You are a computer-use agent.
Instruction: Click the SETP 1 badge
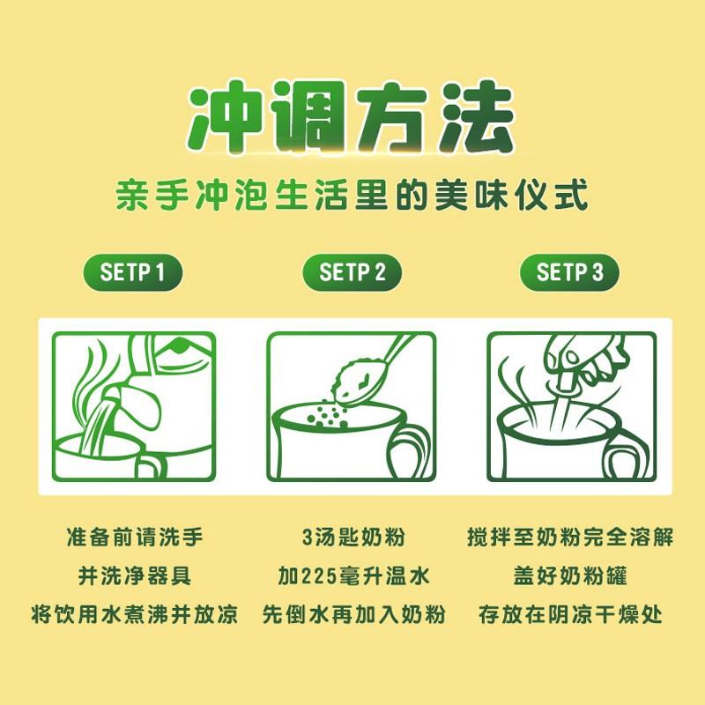click(133, 272)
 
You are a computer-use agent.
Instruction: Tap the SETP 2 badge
click(352, 272)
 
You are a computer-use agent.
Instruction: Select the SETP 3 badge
click(569, 272)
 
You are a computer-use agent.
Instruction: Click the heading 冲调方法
click(350, 117)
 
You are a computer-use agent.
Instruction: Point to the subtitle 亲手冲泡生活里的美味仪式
click(352, 194)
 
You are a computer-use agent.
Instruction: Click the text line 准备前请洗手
click(135, 537)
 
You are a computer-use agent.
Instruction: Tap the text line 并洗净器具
click(135, 575)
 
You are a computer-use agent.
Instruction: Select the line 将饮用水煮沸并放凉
click(135, 614)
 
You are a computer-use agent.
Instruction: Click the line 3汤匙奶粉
click(353, 537)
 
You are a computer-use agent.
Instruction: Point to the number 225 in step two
click(319, 576)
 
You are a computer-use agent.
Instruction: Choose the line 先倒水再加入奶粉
click(353, 614)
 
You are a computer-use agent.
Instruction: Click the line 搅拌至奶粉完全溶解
click(570, 537)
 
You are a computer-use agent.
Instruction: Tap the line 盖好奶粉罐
click(570, 575)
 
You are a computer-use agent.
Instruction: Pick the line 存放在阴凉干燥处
click(570, 614)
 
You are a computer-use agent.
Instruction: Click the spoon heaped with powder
click(368, 373)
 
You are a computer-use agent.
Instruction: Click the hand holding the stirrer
click(584, 360)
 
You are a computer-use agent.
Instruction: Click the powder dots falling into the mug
click(326, 412)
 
